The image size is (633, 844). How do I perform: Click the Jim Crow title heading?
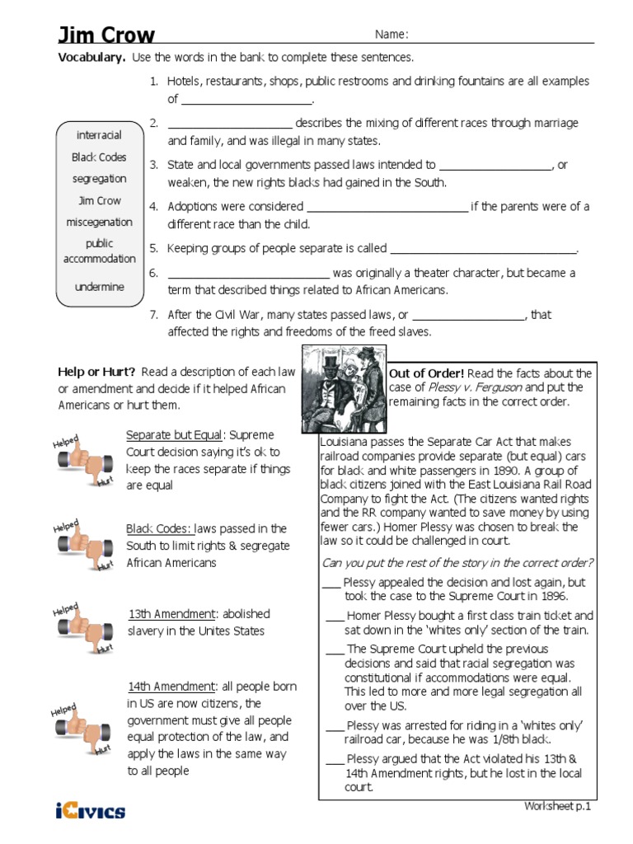coord(105,35)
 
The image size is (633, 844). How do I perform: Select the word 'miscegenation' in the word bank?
coord(99,222)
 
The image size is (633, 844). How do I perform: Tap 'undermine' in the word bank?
coord(99,287)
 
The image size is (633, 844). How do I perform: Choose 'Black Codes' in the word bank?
coord(99,157)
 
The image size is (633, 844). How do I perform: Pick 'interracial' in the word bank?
coord(99,134)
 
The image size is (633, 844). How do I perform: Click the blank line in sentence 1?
coord(246,101)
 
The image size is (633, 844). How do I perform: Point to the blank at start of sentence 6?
coord(248,275)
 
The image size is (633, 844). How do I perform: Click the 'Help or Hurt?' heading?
coord(96,371)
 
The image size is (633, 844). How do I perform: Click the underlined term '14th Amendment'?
coord(171,687)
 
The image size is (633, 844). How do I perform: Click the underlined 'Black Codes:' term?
coord(160,528)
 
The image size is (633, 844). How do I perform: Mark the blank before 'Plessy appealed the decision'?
coord(331,582)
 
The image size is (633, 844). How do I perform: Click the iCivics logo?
coord(91,812)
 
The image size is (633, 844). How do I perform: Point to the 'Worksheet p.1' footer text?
coord(558,806)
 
